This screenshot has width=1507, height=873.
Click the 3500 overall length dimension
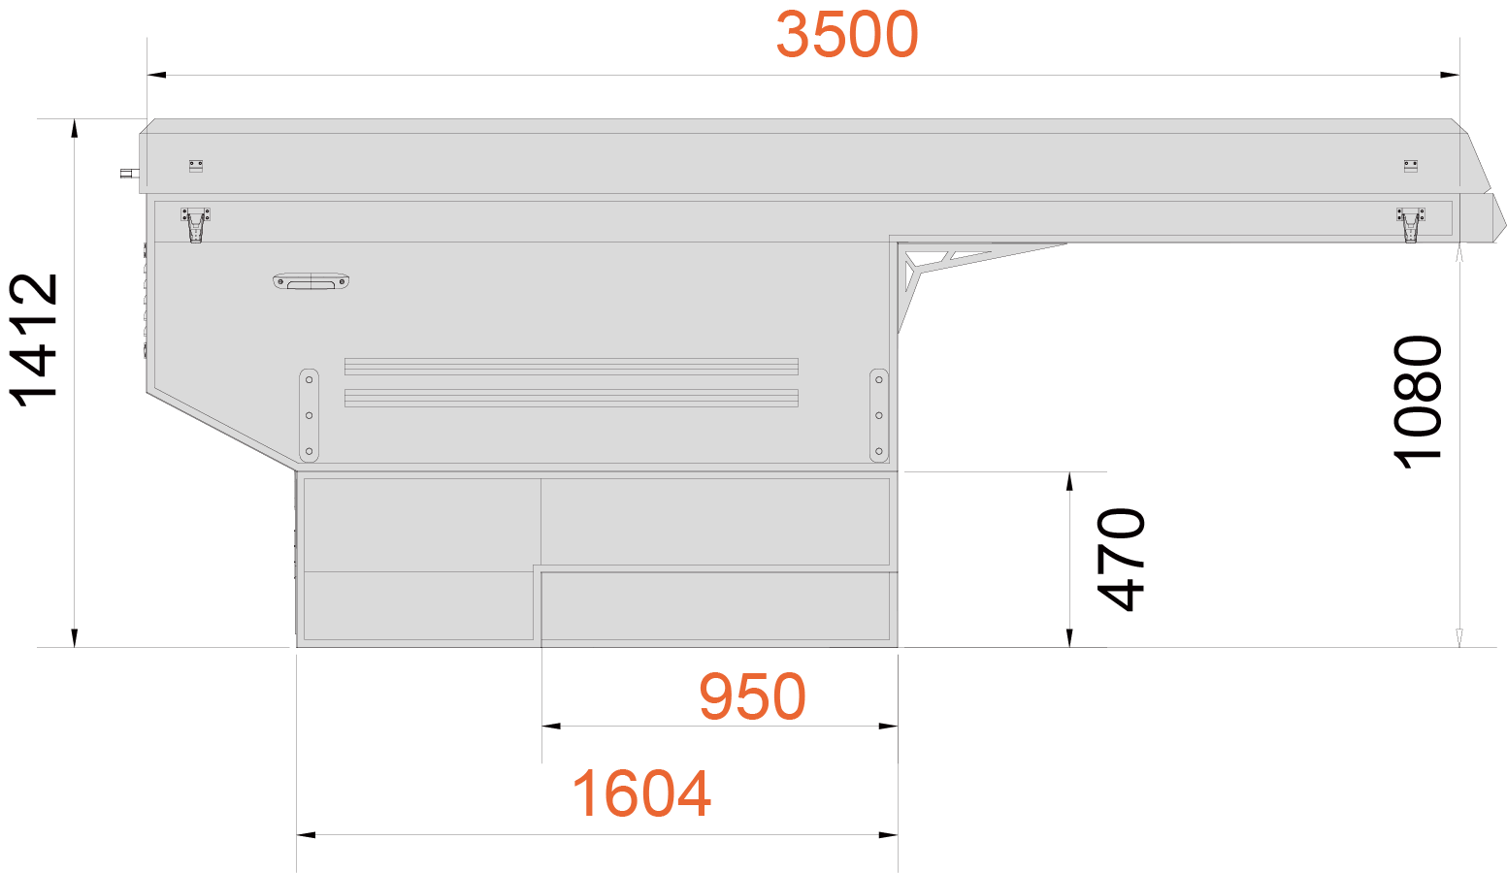pyautogui.click(x=847, y=35)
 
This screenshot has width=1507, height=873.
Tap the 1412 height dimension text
pyautogui.click(x=34, y=340)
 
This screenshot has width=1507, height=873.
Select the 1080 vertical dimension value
pyautogui.click(x=1417, y=402)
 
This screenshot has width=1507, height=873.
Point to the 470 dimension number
pyautogui.click(x=1120, y=560)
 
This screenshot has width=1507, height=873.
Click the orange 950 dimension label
pyautogui.click(x=752, y=696)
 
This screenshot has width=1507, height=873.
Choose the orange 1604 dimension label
pyautogui.click(x=641, y=794)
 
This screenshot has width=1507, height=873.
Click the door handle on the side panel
pyautogui.click(x=311, y=281)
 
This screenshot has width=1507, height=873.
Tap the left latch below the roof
pyautogui.click(x=195, y=225)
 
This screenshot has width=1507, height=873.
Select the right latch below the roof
pyautogui.click(x=1410, y=225)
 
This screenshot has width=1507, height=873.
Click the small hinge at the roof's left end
pyautogui.click(x=196, y=166)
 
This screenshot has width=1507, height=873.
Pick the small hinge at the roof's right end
pyautogui.click(x=1411, y=166)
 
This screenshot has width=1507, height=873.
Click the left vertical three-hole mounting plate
pyautogui.click(x=309, y=415)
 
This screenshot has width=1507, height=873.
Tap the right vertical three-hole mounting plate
pyautogui.click(x=878, y=415)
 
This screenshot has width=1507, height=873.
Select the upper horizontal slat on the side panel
pyautogui.click(x=572, y=367)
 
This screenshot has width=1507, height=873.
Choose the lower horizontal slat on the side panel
pyautogui.click(x=572, y=398)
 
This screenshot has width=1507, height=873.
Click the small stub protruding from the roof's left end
pyautogui.click(x=130, y=174)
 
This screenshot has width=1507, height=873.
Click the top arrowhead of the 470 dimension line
pyautogui.click(x=1069, y=481)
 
